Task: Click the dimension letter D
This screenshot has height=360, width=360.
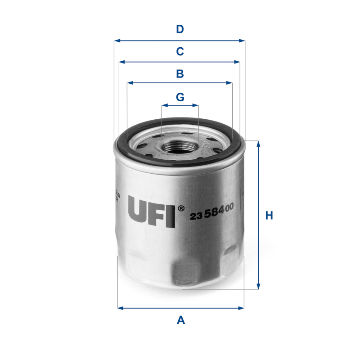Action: click(180, 30)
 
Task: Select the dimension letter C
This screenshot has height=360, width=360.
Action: click(180, 52)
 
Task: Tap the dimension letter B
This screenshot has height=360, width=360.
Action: click(180, 73)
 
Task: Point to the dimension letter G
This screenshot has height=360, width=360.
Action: click(180, 96)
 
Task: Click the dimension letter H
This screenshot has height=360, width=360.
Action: click(269, 216)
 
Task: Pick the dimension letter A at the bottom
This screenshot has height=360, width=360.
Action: click(180, 320)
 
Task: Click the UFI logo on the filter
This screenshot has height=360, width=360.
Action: click(151, 211)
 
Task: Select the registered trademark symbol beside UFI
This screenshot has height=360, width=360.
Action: click(180, 208)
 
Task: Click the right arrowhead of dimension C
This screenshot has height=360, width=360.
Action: click(238, 62)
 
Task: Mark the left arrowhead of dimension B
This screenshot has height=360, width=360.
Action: click(130, 83)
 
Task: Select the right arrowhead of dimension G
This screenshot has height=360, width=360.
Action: click(196, 105)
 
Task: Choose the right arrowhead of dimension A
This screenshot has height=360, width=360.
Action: click(241, 308)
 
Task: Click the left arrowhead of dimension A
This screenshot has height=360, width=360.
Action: click(120, 308)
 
